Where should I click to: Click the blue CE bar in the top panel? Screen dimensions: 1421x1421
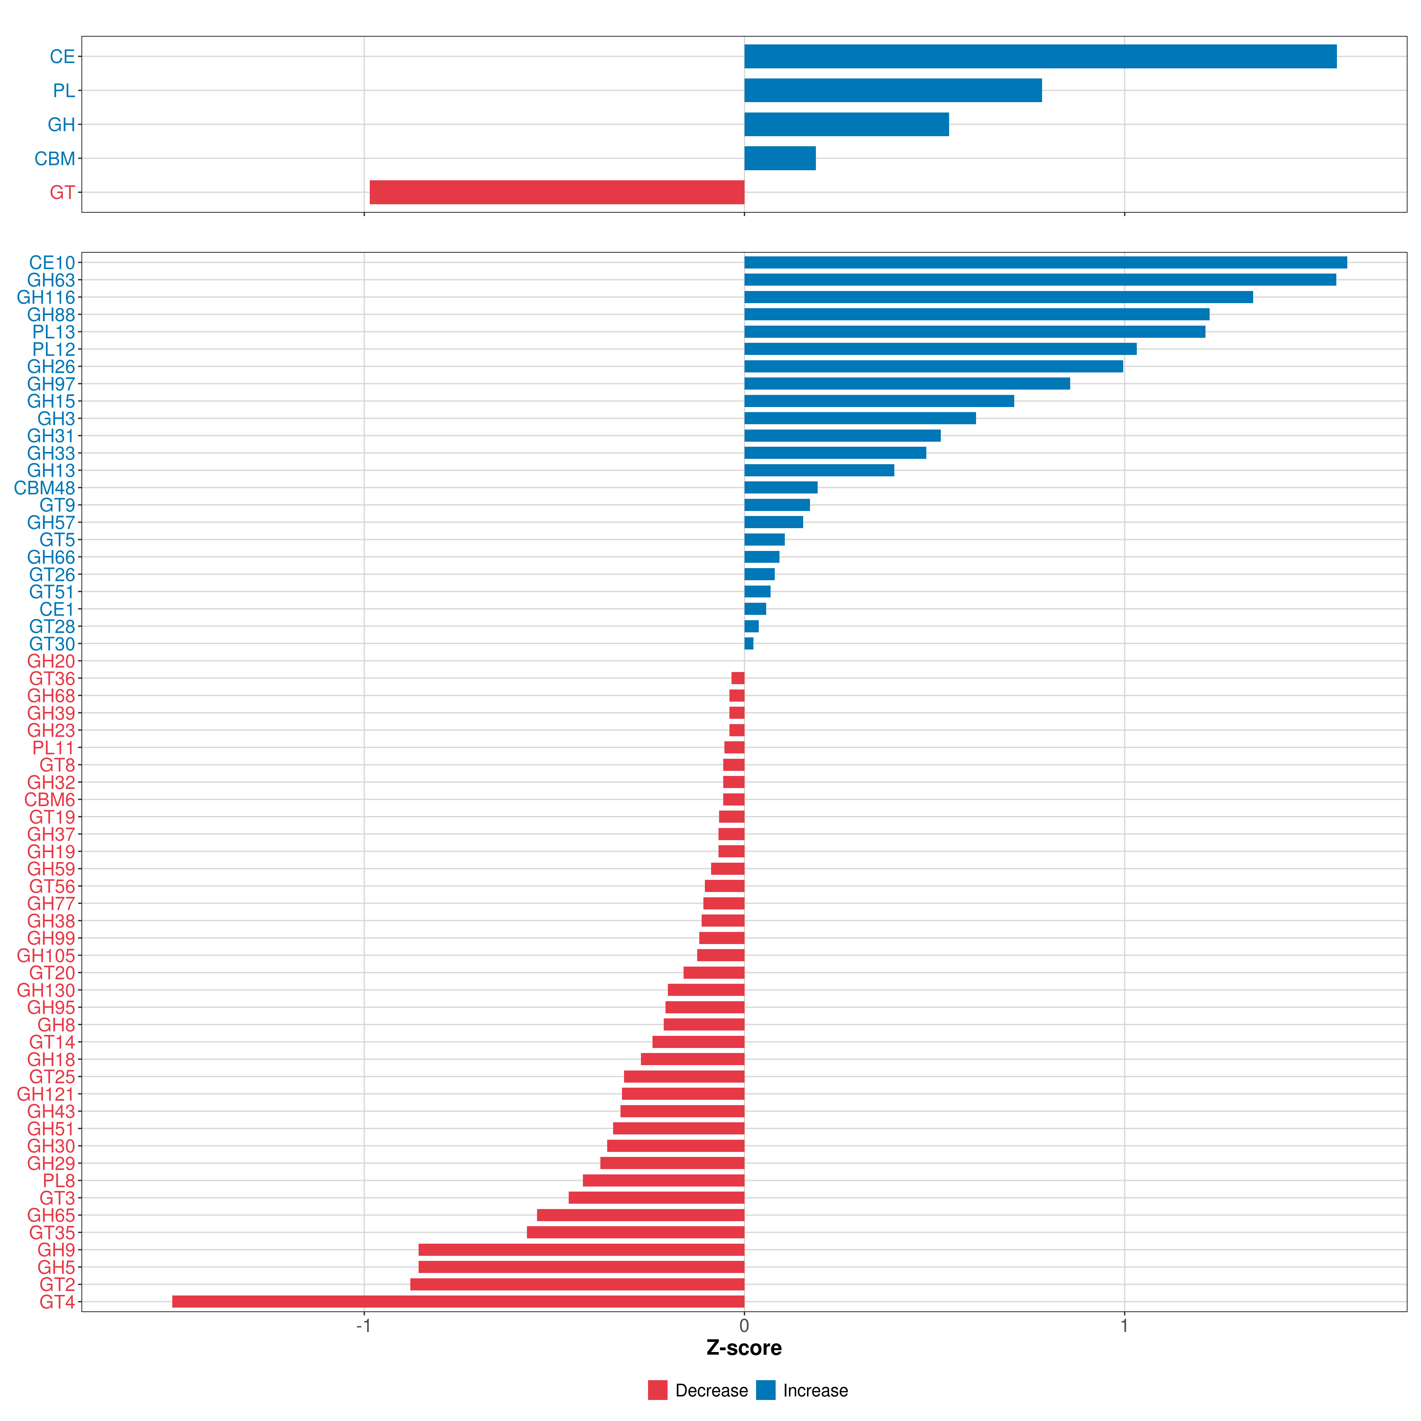[1040, 57]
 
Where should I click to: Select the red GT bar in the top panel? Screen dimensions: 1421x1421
[557, 192]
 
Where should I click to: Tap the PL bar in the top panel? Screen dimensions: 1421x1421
[893, 91]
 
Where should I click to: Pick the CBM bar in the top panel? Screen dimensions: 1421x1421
[780, 158]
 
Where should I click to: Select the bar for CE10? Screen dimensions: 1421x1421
[1045, 263]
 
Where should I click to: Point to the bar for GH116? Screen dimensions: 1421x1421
[998, 297]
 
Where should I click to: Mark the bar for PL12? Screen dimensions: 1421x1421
[940, 349]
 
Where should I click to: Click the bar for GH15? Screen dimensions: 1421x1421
[879, 401]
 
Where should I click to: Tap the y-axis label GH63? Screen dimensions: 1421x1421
[51, 280]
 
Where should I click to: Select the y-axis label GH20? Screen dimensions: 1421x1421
[51, 661]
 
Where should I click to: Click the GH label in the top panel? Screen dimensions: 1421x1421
[61, 124]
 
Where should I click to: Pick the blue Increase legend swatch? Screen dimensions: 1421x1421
[766, 1390]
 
